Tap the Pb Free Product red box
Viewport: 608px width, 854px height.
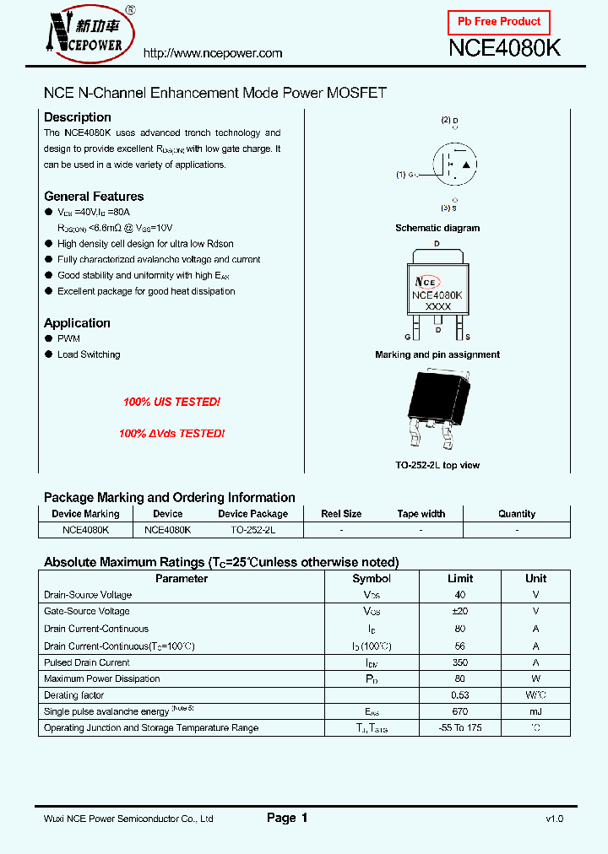point(498,22)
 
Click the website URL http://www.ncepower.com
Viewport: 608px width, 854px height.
point(213,53)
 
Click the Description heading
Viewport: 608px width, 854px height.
point(77,117)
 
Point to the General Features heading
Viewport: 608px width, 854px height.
point(94,197)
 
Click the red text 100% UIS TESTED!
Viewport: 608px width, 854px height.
point(171,403)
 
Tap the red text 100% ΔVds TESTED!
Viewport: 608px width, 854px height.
point(171,433)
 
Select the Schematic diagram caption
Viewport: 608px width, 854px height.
point(437,228)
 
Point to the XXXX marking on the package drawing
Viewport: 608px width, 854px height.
point(437,307)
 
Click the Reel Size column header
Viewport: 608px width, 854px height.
point(341,514)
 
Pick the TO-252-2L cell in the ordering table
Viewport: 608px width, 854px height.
point(252,530)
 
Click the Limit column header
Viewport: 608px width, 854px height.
point(460,579)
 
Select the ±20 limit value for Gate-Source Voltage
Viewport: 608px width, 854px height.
point(460,612)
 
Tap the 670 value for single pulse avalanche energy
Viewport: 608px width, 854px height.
point(460,711)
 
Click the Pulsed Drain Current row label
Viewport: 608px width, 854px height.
point(87,662)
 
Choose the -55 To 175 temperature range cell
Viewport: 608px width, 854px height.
point(460,728)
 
